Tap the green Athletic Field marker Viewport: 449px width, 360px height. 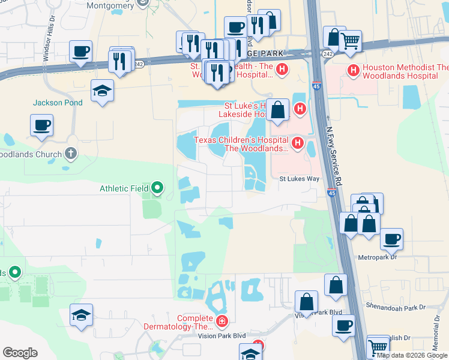[x=157, y=188]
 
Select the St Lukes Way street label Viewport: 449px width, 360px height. [x=297, y=179]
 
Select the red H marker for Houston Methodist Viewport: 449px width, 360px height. [x=354, y=70]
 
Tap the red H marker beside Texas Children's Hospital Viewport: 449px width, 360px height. [x=297, y=143]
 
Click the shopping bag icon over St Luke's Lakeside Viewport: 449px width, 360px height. [x=277, y=110]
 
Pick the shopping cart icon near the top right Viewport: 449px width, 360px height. [x=350, y=41]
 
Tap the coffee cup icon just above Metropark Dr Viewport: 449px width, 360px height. [x=391, y=238]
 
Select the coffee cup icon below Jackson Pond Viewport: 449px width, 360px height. [x=42, y=125]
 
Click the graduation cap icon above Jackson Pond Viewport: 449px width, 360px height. [x=102, y=91]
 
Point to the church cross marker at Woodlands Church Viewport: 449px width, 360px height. [x=71, y=154]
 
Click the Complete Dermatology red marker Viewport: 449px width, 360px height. [x=222, y=322]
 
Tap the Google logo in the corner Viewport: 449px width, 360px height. [x=20, y=353]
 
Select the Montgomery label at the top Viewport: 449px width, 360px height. [x=109, y=5]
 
